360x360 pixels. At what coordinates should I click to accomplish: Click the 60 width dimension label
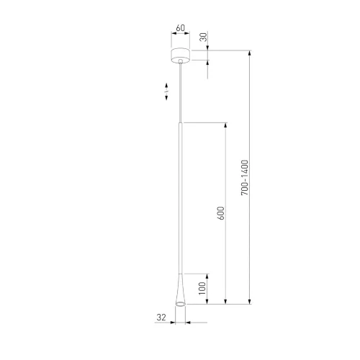180,29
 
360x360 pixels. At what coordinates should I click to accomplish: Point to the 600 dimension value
221,213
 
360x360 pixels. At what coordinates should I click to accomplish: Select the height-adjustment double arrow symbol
166,91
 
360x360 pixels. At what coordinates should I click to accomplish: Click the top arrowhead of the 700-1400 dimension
250,52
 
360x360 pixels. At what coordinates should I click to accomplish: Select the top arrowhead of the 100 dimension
208,275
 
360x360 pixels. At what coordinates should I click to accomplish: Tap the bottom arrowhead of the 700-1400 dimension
250,303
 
